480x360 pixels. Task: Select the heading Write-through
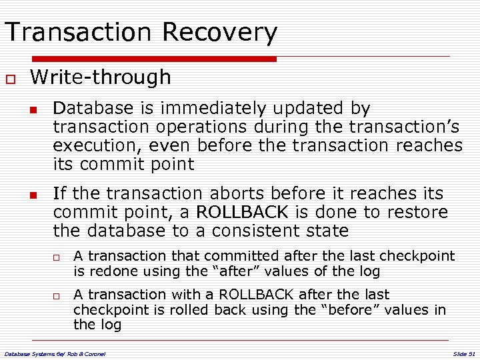[x=101, y=77]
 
